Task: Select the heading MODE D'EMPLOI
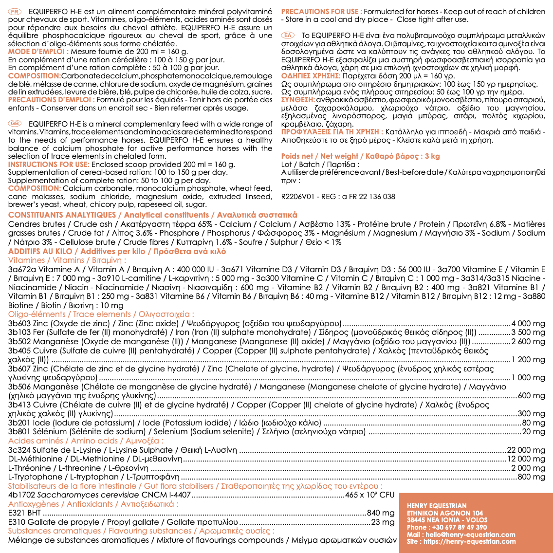coord(37,51)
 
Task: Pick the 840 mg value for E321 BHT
coord(381,513)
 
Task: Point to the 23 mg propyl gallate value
coord(383,522)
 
